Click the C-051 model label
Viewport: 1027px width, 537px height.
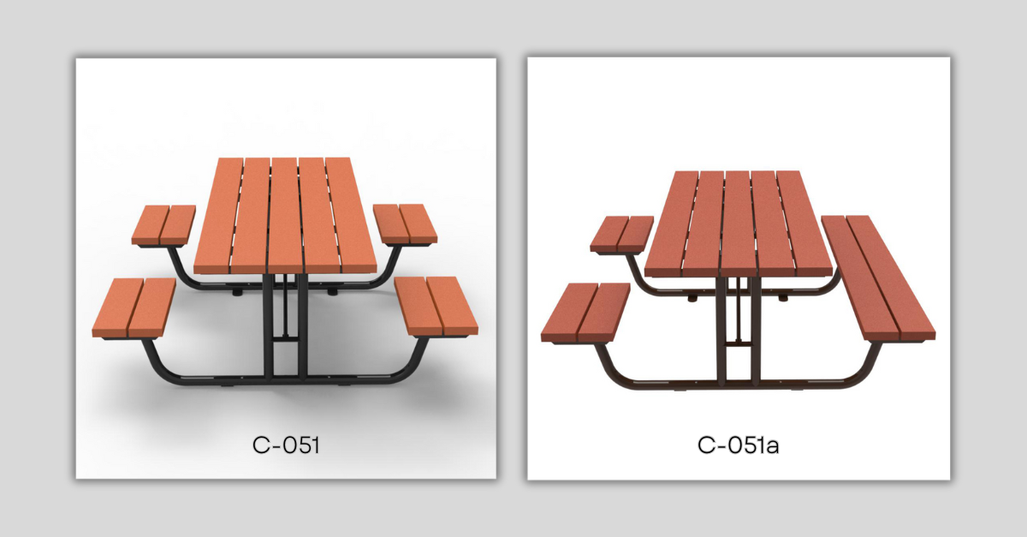pos(286,445)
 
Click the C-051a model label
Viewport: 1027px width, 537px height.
pos(738,445)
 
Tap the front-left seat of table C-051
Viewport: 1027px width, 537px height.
pos(134,308)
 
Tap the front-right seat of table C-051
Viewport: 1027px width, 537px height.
pos(436,307)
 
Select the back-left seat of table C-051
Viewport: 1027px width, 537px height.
pos(163,225)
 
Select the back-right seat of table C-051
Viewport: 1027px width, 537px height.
pos(405,224)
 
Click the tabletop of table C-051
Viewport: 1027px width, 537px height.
pos(285,216)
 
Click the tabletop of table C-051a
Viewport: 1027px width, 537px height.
pos(738,224)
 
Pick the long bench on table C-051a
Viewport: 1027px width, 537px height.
pos(878,278)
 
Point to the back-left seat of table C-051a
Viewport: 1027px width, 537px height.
pos(621,234)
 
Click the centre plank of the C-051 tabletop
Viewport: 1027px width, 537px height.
pos(285,216)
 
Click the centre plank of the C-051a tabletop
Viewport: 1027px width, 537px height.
pos(738,224)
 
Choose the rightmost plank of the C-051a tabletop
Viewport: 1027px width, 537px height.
pos(804,224)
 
